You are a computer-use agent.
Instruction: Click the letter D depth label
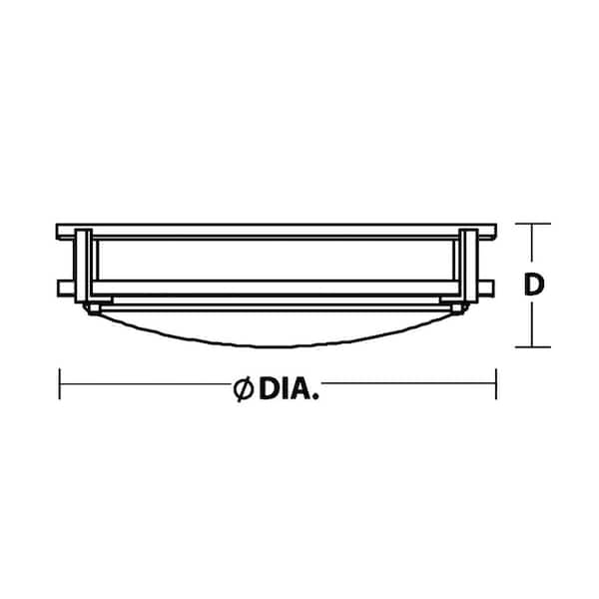click(534, 285)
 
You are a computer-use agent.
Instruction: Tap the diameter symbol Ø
click(244, 389)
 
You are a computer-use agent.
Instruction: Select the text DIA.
click(289, 389)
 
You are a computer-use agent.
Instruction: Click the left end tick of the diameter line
click(60, 384)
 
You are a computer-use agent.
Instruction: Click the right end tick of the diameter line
click(496, 384)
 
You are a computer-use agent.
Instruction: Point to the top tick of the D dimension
click(533, 224)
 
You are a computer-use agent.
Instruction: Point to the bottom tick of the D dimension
click(533, 347)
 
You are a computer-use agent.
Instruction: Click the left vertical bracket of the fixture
click(83, 266)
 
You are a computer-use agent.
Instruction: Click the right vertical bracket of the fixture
click(469, 266)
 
